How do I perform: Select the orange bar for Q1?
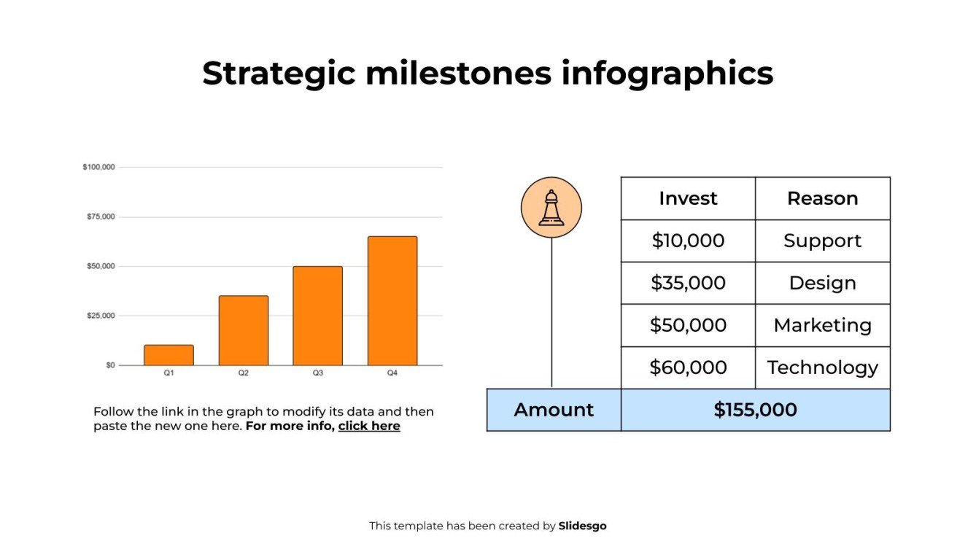click(x=169, y=355)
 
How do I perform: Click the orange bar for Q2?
click(x=244, y=330)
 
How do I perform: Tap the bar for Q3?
click(x=317, y=316)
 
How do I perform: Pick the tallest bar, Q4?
click(x=392, y=300)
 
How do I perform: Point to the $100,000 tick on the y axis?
click(x=99, y=168)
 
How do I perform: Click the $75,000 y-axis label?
click(x=101, y=217)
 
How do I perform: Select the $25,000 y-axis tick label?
click(x=101, y=316)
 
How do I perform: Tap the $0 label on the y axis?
click(x=110, y=365)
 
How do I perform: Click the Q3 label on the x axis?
click(x=318, y=373)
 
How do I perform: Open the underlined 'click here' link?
click(x=369, y=427)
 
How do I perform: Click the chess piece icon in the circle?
click(x=551, y=208)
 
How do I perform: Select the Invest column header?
click(x=688, y=198)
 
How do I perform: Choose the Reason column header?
click(x=822, y=198)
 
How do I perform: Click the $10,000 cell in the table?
click(x=688, y=241)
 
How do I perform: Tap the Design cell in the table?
click(x=822, y=283)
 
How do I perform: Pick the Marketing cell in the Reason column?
click(x=822, y=325)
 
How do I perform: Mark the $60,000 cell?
click(x=688, y=367)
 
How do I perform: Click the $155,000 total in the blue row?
click(x=755, y=410)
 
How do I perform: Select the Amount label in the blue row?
click(x=554, y=410)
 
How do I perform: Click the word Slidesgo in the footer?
click(x=582, y=526)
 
